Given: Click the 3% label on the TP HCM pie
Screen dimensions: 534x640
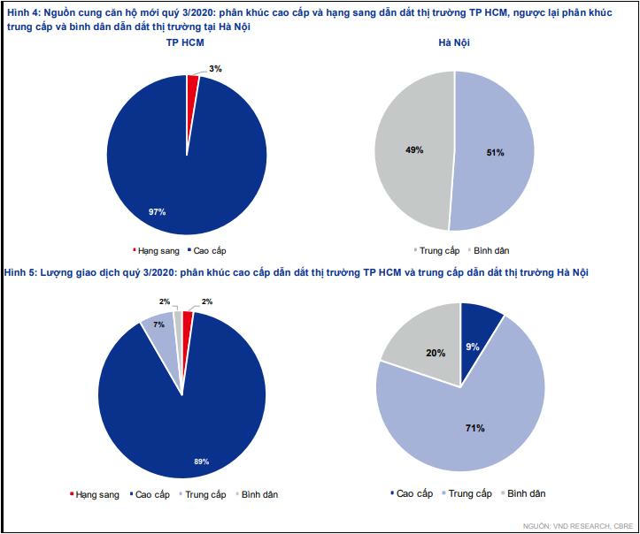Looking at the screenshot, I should point(214,68).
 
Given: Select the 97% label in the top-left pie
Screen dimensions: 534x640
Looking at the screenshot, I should point(158,211).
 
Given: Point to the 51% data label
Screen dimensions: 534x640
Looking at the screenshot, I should point(495,152).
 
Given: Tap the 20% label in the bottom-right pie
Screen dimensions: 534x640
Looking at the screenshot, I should point(436,352).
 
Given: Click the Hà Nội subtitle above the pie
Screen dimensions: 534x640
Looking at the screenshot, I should point(454,42).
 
